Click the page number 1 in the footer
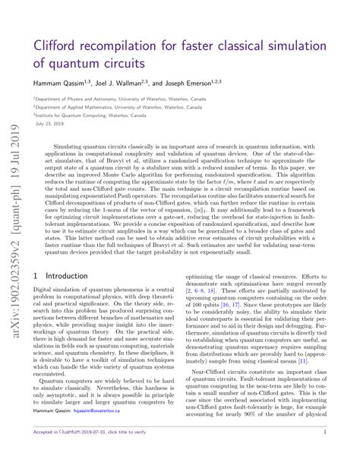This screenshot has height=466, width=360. pyautogui.click(x=346, y=452)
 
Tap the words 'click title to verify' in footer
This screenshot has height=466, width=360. pyautogui.click(x=158, y=452)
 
